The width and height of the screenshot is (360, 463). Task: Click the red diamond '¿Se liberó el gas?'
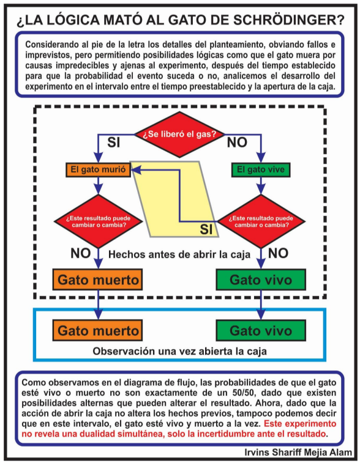[x=180, y=135]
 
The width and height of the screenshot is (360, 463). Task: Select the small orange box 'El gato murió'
[x=98, y=170]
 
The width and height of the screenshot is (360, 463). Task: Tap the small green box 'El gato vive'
[x=261, y=170]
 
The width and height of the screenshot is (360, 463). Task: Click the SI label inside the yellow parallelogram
[x=206, y=229]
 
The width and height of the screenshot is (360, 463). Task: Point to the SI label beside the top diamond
[x=114, y=143]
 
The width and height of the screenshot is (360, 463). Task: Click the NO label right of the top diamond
[x=237, y=143]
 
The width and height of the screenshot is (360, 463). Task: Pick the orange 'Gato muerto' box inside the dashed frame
[x=97, y=280]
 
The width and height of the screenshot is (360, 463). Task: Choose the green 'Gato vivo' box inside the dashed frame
[x=261, y=280]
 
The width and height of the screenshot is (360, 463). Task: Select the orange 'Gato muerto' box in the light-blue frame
[x=97, y=330]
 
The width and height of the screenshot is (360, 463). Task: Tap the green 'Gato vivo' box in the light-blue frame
[x=261, y=330]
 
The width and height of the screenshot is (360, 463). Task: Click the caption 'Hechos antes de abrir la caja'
[x=179, y=254]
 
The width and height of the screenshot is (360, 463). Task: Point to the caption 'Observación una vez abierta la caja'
[x=180, y=351]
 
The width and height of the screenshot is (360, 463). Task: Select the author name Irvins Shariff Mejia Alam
[x=298, y=452]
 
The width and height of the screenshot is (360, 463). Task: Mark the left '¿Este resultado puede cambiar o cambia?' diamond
[x=98, y=221]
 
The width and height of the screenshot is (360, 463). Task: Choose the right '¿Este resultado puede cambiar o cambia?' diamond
[x=261, y=221]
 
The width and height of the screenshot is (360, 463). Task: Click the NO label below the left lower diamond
[x=80, y=253]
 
